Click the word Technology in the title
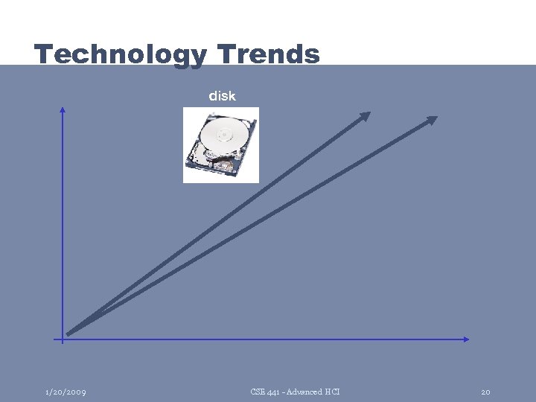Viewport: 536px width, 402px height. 121,55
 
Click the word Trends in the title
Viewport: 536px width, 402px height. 269,54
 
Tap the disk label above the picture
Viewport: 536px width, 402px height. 222,96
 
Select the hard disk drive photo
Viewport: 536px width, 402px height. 221,145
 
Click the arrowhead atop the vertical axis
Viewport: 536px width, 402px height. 63,110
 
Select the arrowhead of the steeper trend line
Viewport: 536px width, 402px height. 365,115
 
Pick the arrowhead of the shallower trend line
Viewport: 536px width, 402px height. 431,119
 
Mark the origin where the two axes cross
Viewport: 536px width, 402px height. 63,339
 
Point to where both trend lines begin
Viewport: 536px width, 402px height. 69,333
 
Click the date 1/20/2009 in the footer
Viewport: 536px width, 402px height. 65,392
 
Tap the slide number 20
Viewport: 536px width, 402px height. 485,392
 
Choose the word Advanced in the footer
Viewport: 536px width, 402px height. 305,392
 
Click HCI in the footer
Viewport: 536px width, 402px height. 332,392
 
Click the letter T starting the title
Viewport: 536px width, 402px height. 43,54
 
